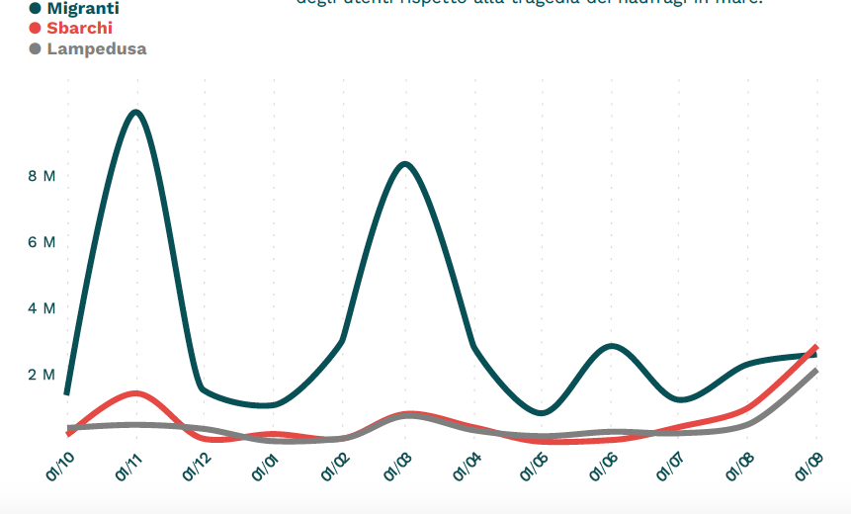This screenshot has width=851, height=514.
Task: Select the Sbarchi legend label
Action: [x=79, y=28]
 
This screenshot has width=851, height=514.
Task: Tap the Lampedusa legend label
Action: [x=96, y=48]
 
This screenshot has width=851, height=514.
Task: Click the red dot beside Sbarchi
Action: [x=36, y=28]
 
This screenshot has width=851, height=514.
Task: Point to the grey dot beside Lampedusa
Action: [x=36, y=48]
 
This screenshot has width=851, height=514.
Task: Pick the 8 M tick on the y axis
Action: [x=42, y=176]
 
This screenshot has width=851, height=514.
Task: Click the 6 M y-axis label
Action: [x=42, y=242]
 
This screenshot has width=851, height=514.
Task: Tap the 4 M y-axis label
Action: [x=42, y=308]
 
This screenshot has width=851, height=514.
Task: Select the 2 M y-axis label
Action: [x=42, y=375]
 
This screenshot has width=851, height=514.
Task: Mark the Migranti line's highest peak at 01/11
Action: [x=135, y=112]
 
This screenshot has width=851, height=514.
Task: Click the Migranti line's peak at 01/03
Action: [x=405, y=164]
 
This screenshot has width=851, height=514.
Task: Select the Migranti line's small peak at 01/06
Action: [x=613, y=347]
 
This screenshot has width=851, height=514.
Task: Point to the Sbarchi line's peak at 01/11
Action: [x=136, y=393]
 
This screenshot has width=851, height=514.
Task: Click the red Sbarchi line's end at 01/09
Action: [x=815, y=348]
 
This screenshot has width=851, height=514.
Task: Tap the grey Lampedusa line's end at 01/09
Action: [x=815, y=372]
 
